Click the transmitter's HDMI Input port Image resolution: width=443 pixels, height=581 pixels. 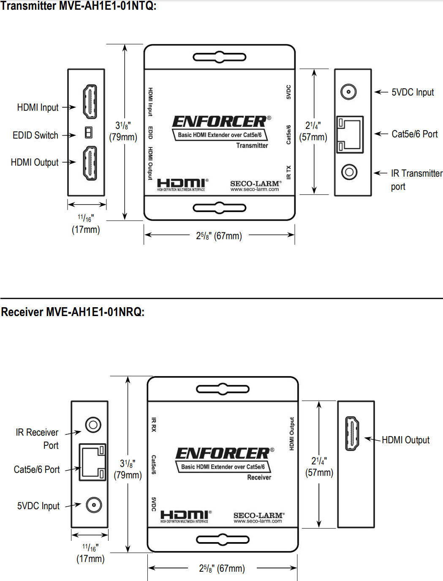coord(90,101)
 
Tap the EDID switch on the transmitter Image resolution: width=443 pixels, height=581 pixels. coord(89,133)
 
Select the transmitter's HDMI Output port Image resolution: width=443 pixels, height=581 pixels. coord(90,163)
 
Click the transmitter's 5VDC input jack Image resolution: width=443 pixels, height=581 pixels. coord(348,92)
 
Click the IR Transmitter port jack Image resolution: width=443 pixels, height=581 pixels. coord(349,172)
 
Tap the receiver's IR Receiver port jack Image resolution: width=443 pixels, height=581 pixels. coord(93,425)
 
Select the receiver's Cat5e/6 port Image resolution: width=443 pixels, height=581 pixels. coord(92,462)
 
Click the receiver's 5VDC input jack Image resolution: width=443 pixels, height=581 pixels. coord(94,505)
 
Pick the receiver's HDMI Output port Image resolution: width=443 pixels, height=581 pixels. coord(352,433)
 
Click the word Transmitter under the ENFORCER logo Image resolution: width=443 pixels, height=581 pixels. coord(252,145)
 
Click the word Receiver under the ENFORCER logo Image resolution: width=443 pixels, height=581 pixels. coord(259,477)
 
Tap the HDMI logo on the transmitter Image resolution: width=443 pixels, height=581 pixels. coord(182,184)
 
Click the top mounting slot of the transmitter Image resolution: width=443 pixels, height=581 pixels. coord(219,57)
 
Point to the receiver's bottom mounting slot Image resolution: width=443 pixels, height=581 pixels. coord(223,540)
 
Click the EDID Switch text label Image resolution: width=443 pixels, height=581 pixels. coord(35,135)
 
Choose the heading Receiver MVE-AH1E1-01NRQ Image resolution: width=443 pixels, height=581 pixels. coord(73,312)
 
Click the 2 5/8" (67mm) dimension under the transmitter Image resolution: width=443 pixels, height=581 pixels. coord(219,236)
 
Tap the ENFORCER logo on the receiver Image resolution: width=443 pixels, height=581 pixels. coord(223,453)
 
